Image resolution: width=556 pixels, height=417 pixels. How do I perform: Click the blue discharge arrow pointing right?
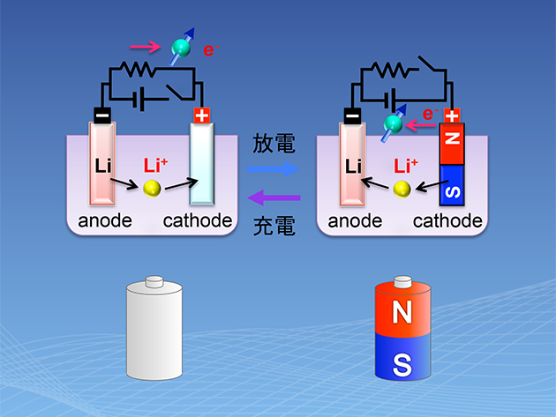point(273,169)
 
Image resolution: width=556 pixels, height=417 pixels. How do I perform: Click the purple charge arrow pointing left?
point(274,197)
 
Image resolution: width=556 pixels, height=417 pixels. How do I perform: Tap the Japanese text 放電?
point(274,144)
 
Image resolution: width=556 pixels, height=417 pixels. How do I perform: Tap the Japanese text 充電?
point(274,226)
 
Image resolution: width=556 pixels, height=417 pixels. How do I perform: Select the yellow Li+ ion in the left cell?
point(152,189)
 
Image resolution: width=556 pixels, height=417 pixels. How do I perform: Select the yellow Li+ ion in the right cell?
point(402,190)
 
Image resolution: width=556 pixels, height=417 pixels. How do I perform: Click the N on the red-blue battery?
point(402,312)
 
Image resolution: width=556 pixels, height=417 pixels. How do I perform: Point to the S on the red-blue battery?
point(402,365)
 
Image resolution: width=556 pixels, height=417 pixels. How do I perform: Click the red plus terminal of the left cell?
point(202,115)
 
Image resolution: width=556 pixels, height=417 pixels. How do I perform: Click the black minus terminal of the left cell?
point(102,115)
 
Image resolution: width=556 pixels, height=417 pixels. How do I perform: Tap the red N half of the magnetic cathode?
point(452,144)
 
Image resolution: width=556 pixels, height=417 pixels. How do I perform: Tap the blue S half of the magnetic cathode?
point(452,185)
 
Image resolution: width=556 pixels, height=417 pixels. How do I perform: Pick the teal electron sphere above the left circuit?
point(181,48)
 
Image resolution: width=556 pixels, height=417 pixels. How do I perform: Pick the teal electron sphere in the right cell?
point(393,124)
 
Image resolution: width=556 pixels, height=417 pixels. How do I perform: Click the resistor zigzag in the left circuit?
point(138,69)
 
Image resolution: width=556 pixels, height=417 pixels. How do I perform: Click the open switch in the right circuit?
point(432,63)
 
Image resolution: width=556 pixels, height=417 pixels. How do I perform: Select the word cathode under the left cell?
point(198,220)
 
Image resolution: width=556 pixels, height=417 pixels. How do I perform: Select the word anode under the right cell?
point(355,221)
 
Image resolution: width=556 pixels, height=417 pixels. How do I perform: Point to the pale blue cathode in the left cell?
point(202,164)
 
